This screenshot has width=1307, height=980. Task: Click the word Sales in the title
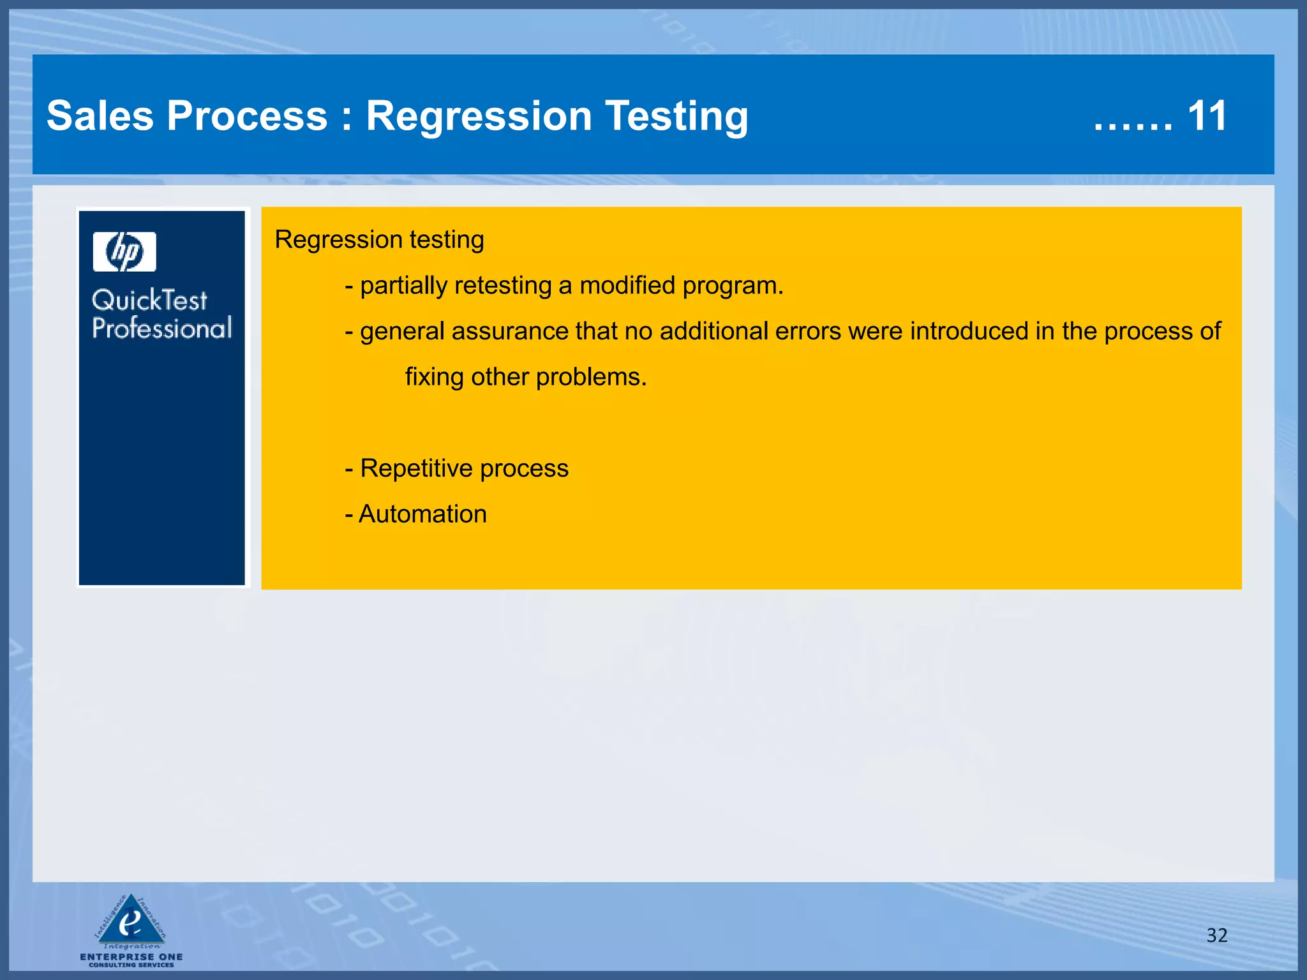[100, 116]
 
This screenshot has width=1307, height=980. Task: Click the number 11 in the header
[1207, 116]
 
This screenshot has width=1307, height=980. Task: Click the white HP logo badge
[124, 251]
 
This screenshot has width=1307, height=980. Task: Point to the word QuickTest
[149, 300]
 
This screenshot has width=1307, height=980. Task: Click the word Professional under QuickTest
[162, 328]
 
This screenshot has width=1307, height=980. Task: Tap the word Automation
[422, 514]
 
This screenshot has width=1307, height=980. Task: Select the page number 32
[1216, 935]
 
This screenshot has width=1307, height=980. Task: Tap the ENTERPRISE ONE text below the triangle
[131, 956]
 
